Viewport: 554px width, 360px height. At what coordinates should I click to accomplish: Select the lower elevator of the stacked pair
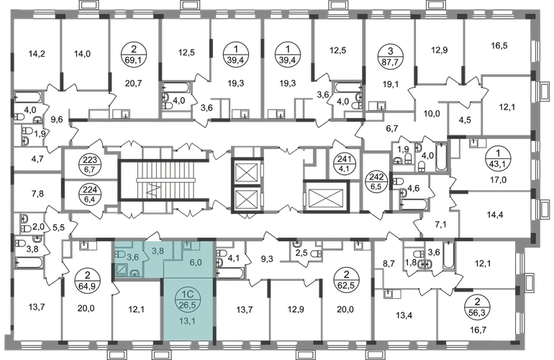coord(247,195)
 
